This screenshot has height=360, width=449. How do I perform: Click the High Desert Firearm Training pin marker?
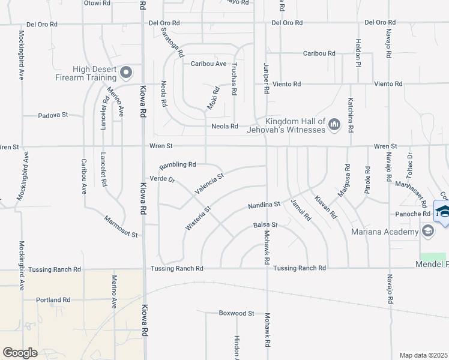tap(126, 73)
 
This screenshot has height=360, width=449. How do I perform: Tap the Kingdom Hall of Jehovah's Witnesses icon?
tap(334, 124)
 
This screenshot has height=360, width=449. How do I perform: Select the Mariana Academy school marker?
tap(427, 231)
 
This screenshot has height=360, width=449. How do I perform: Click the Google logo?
tap(20, 353)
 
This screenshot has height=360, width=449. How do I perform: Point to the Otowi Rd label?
tap(98, 3)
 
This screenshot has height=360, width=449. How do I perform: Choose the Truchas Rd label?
tap(235, 79)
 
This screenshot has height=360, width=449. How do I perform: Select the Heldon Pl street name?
tap(358, 53)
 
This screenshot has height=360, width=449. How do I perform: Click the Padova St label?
tap(54, 115)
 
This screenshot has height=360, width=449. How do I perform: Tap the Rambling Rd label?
tap(178, 164)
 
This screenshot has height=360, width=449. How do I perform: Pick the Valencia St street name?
tap(208, 185)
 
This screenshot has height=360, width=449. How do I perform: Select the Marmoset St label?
tap(121, 226)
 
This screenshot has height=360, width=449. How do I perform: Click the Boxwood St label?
tap(237, 313)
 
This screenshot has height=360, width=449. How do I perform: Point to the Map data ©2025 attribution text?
tap(424, 355)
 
